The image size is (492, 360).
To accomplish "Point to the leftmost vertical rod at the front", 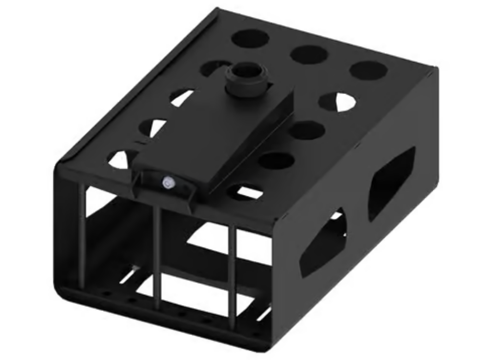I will [82, 235].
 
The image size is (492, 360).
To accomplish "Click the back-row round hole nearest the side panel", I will [369, 70].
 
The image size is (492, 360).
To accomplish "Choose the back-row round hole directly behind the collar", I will [250, 38].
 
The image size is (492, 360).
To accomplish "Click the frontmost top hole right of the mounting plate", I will [246, 192].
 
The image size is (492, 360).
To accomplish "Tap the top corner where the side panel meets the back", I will [435, 70].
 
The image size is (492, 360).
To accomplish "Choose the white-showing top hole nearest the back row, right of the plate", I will [338, 102].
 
